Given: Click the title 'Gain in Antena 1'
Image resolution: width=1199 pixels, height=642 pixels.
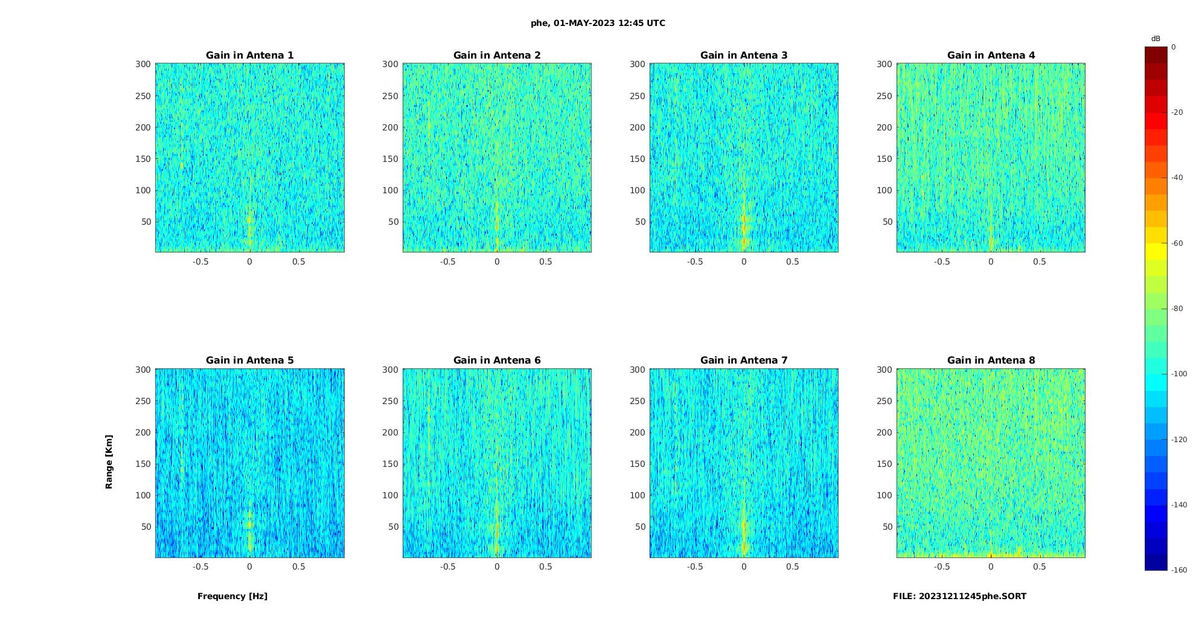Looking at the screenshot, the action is click(x=249, y=56).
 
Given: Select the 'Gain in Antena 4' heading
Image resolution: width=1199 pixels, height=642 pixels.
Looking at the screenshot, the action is click(x=991, y=56).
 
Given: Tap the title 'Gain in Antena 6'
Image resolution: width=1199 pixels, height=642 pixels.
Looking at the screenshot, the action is click(x=497, y=361).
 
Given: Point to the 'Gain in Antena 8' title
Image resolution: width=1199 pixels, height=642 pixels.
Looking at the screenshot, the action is click(x=991, y=361).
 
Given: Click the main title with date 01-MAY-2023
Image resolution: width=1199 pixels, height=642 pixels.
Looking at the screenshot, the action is click(x=598, y=24).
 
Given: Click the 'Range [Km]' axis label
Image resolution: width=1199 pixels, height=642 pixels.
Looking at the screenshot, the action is click(x=109, y=461).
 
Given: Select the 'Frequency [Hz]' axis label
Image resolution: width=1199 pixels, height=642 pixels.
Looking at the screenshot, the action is click(x=232, y=596).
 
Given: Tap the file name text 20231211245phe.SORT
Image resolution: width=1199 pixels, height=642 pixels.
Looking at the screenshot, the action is click(x=959, y=596).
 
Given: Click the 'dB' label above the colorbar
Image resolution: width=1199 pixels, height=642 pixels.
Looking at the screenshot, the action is click(x=1156, y=39).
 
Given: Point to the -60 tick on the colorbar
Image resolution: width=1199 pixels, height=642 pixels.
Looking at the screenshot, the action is click(x=1177, y=243).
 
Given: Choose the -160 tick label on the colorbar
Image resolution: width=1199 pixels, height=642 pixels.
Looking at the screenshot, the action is click(x=1179, y=570).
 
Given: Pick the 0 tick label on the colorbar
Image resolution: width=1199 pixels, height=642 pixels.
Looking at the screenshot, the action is click(x=1174, y=47).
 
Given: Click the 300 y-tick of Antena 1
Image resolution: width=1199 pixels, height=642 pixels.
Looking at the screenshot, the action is click(x=142, y=64).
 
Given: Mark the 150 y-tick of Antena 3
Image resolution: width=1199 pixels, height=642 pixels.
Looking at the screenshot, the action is click(x=637, y=159).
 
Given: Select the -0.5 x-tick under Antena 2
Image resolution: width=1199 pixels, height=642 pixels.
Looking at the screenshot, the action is click(x=447, y=262).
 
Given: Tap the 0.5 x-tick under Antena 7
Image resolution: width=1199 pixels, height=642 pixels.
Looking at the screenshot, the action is click(x=793, y=567).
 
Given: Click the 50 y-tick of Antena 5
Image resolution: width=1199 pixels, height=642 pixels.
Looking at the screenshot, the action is click(x=146, y=527).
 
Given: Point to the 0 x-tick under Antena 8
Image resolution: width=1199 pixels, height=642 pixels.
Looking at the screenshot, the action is click(x=991, y=567).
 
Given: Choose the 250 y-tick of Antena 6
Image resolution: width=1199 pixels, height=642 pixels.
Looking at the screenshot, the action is click(x=390, y=401).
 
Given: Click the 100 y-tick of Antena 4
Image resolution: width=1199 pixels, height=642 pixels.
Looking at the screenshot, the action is click(x=884, y=190).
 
